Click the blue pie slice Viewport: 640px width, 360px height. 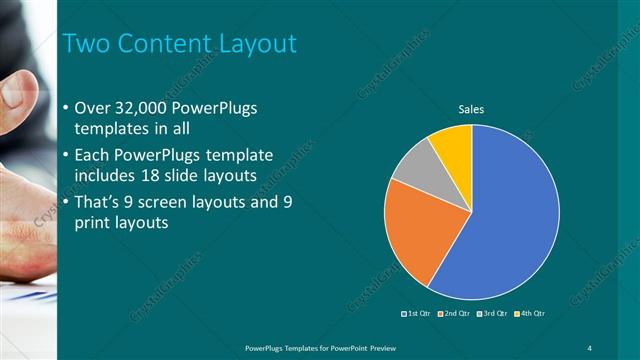coord(510,220)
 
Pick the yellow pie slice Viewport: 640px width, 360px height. coord(453,145)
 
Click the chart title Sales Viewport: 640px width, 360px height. coord(471,109)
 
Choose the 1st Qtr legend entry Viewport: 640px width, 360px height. coord(418,314)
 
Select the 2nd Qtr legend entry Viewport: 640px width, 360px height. coord(455,314)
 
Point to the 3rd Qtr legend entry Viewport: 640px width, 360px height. coord(492,314)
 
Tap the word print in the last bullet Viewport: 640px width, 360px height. coord(93,223)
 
